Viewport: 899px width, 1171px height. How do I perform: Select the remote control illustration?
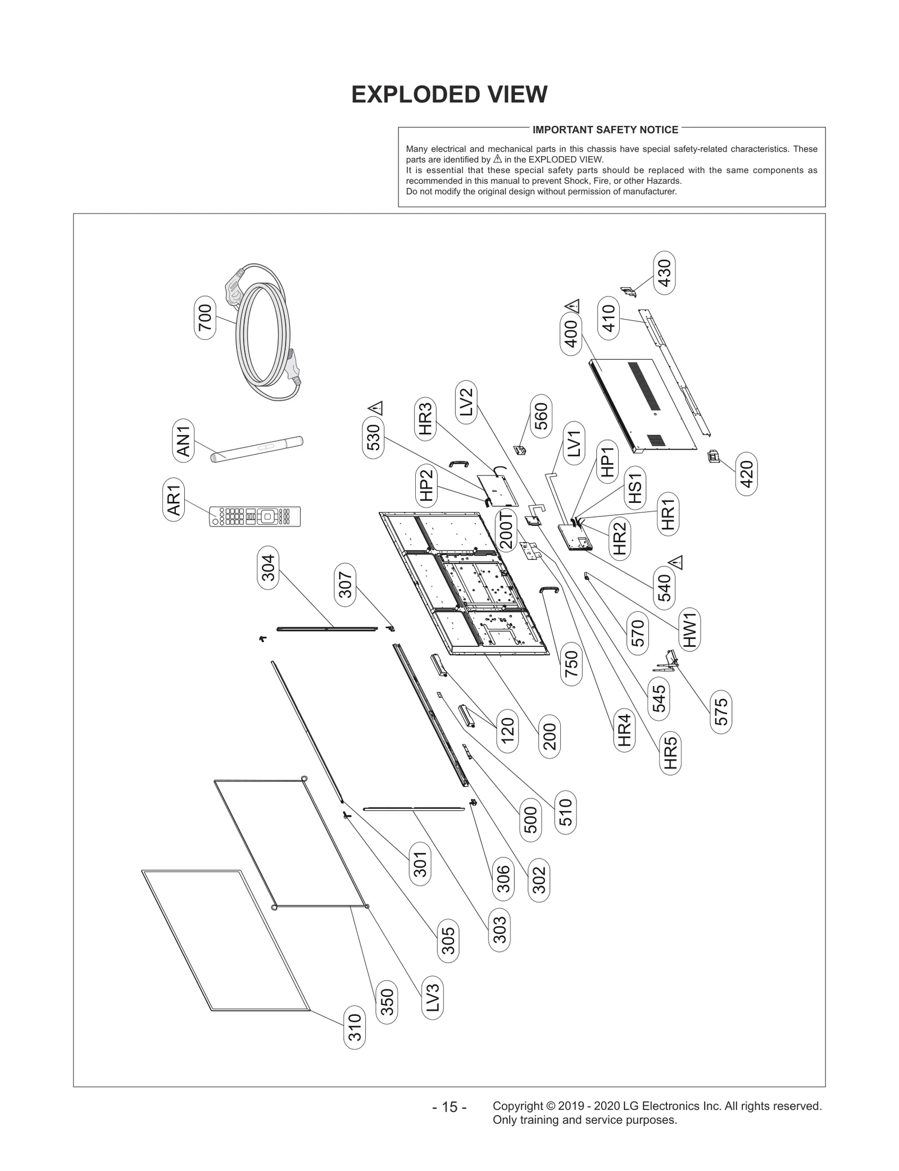pos(255,516)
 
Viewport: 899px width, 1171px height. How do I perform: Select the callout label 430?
pos(664,273)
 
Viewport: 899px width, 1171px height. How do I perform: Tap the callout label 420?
pos(747,475)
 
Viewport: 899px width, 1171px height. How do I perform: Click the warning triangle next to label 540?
pos(676,562)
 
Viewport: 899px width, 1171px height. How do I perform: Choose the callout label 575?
pos(721,712)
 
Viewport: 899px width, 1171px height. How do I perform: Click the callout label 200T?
pos(506,530)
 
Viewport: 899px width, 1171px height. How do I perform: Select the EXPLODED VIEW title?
pos(449,94)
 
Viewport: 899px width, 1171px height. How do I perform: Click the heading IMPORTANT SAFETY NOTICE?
pos(605,130)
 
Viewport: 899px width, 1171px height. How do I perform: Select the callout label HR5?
pos(670,754)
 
